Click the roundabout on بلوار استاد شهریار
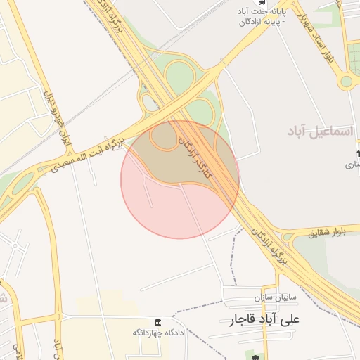coord(346,81)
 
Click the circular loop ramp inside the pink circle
coord(164,137)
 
